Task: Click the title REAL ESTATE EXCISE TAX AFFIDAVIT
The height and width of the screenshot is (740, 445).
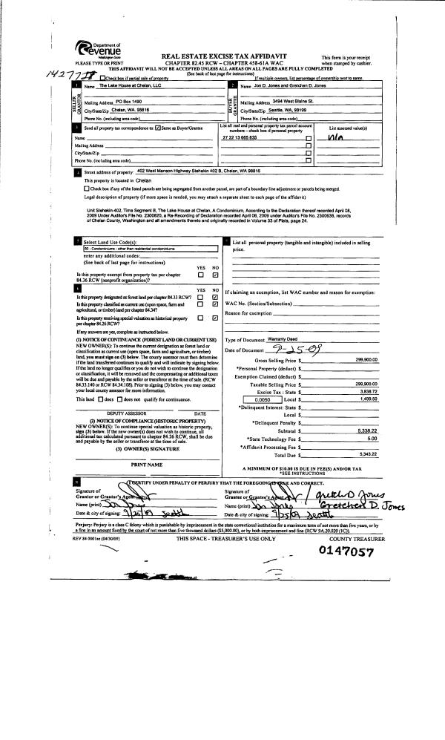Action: (222, 56)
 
